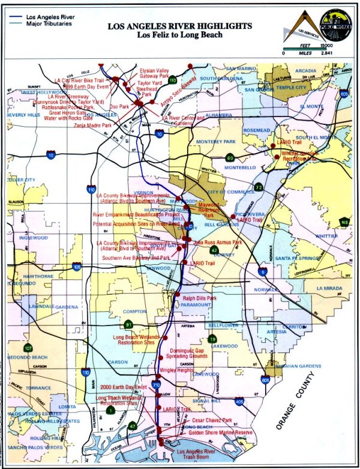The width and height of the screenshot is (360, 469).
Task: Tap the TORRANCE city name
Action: pyautogui.click(x=38, y=388)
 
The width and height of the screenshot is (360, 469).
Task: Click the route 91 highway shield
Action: pyautogui.click(x=128, y=325)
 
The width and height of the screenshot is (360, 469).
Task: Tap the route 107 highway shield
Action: pyautogui.click(x=28, y=348)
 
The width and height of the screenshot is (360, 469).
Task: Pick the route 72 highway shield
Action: pyautogui.click(x=258, y=187)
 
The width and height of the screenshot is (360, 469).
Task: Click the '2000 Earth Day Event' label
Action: pyautogui.click(x=124, y=387)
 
